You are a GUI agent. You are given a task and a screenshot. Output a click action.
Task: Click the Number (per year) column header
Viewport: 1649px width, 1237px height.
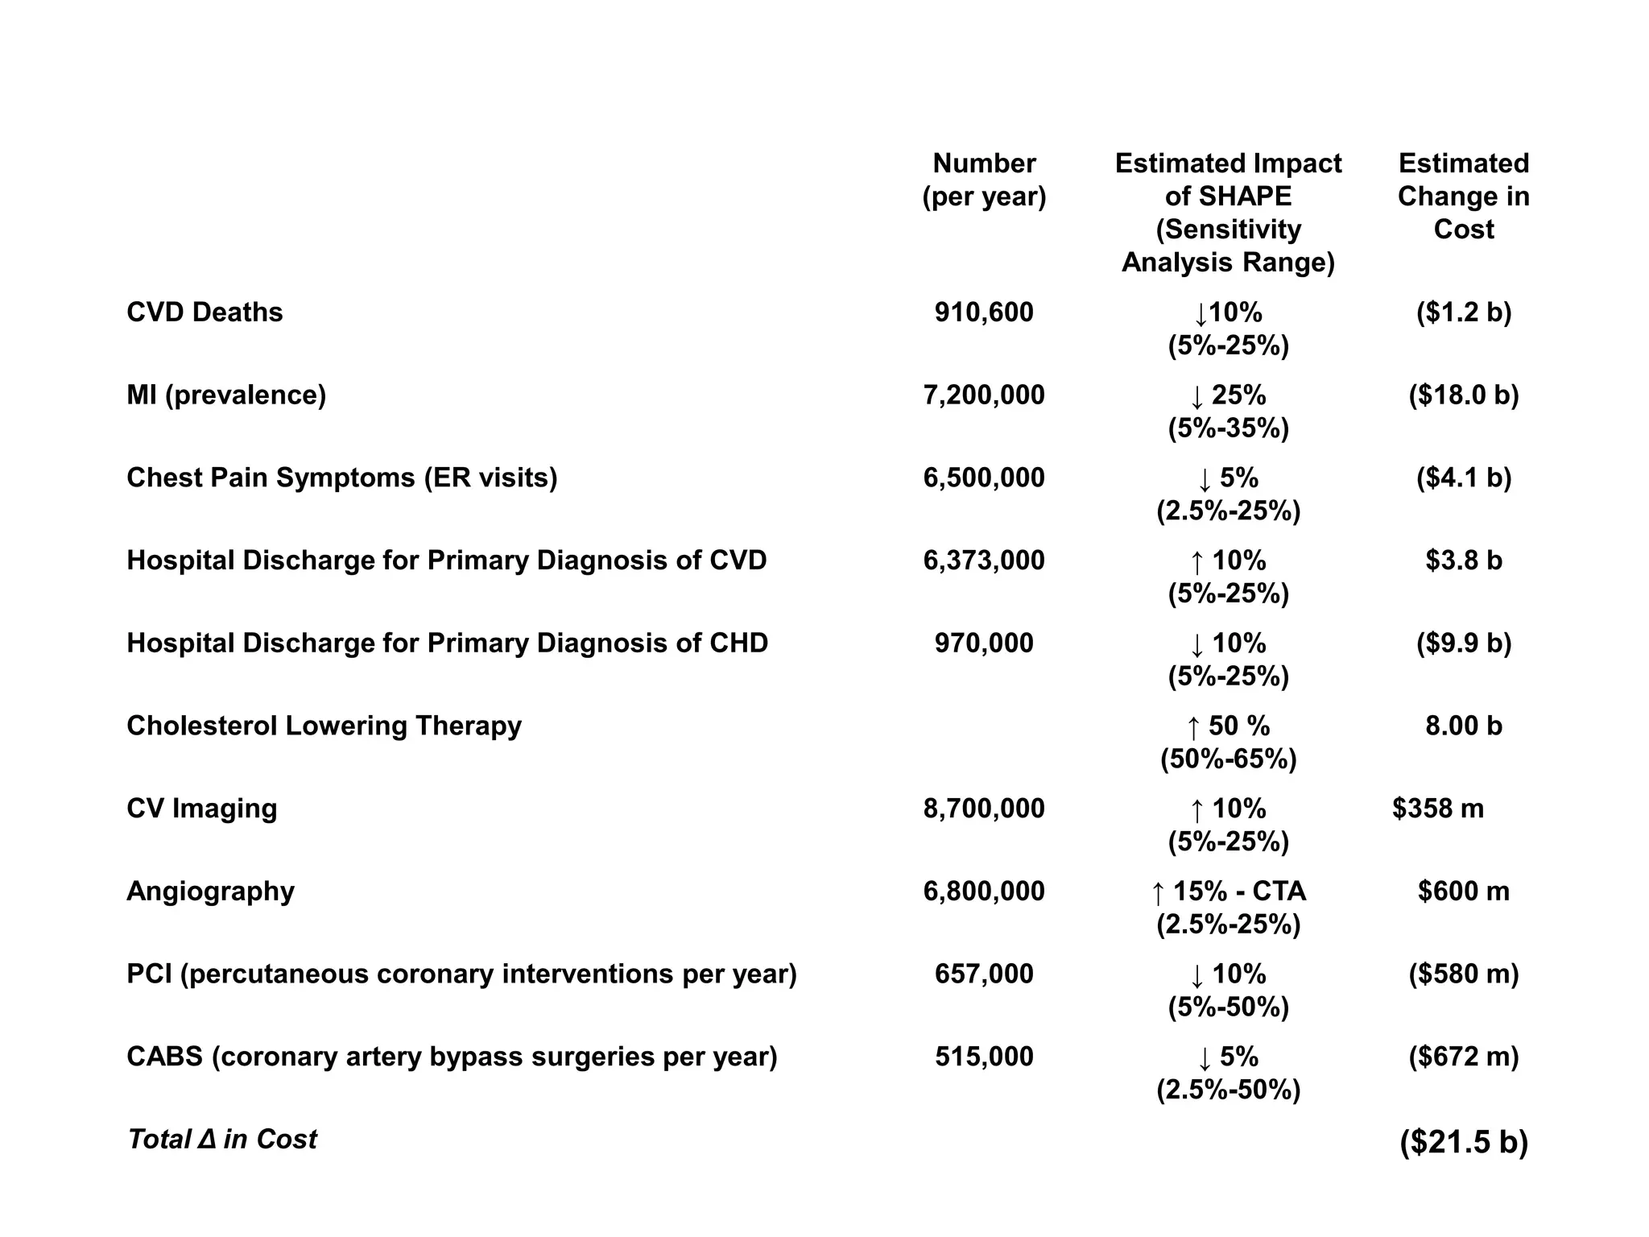[x=984, y=180]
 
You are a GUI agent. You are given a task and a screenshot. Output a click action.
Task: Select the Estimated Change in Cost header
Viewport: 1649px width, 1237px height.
[x=1463, y=196]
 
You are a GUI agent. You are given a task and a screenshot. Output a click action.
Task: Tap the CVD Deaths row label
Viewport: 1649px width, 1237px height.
[x=205, y=312]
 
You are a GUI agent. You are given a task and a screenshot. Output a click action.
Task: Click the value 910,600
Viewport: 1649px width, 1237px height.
[x=984, y=312]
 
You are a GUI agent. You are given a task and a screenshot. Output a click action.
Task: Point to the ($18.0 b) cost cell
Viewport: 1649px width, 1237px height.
[x=1463, y=395]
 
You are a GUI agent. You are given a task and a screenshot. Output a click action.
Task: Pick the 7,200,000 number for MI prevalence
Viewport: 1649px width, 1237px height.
[x=984, y=395]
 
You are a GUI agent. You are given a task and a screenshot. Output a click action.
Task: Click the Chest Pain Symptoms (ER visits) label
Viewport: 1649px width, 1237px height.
[x=341, y=478]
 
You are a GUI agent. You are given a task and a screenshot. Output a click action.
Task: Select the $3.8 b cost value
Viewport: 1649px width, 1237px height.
[x=1463, y=561]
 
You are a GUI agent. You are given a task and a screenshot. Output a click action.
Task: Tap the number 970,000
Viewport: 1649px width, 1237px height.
[x=984, y=643]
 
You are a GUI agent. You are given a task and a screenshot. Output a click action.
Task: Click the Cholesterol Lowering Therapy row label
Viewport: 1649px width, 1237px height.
[x=324, y=726]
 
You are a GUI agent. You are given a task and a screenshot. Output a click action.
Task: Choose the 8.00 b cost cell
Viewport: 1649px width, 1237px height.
[x=1463, y=726]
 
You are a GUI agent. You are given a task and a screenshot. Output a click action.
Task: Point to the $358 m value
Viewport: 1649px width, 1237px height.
[x=1437, y=809]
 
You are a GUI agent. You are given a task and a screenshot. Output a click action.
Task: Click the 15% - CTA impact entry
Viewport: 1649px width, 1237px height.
[x=1238, y=892]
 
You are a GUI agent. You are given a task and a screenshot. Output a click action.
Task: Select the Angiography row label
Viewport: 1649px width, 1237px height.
[x=210, y=892]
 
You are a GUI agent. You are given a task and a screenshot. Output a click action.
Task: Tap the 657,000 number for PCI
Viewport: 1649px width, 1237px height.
[x=984, y=974]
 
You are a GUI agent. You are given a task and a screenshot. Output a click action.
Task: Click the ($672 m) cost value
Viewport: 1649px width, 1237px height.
[x=1463, y=1057]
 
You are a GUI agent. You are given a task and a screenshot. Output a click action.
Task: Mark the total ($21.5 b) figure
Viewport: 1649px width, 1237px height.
[x=1463, y=1142]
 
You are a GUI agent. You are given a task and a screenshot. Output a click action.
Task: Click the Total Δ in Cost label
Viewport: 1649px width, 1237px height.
[x=222, y=1140]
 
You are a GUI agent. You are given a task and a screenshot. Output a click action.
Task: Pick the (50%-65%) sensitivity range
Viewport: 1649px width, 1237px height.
[x=1228, y=759]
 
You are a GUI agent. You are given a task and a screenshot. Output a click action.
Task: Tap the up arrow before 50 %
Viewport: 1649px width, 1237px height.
[x=1193, y=727]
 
